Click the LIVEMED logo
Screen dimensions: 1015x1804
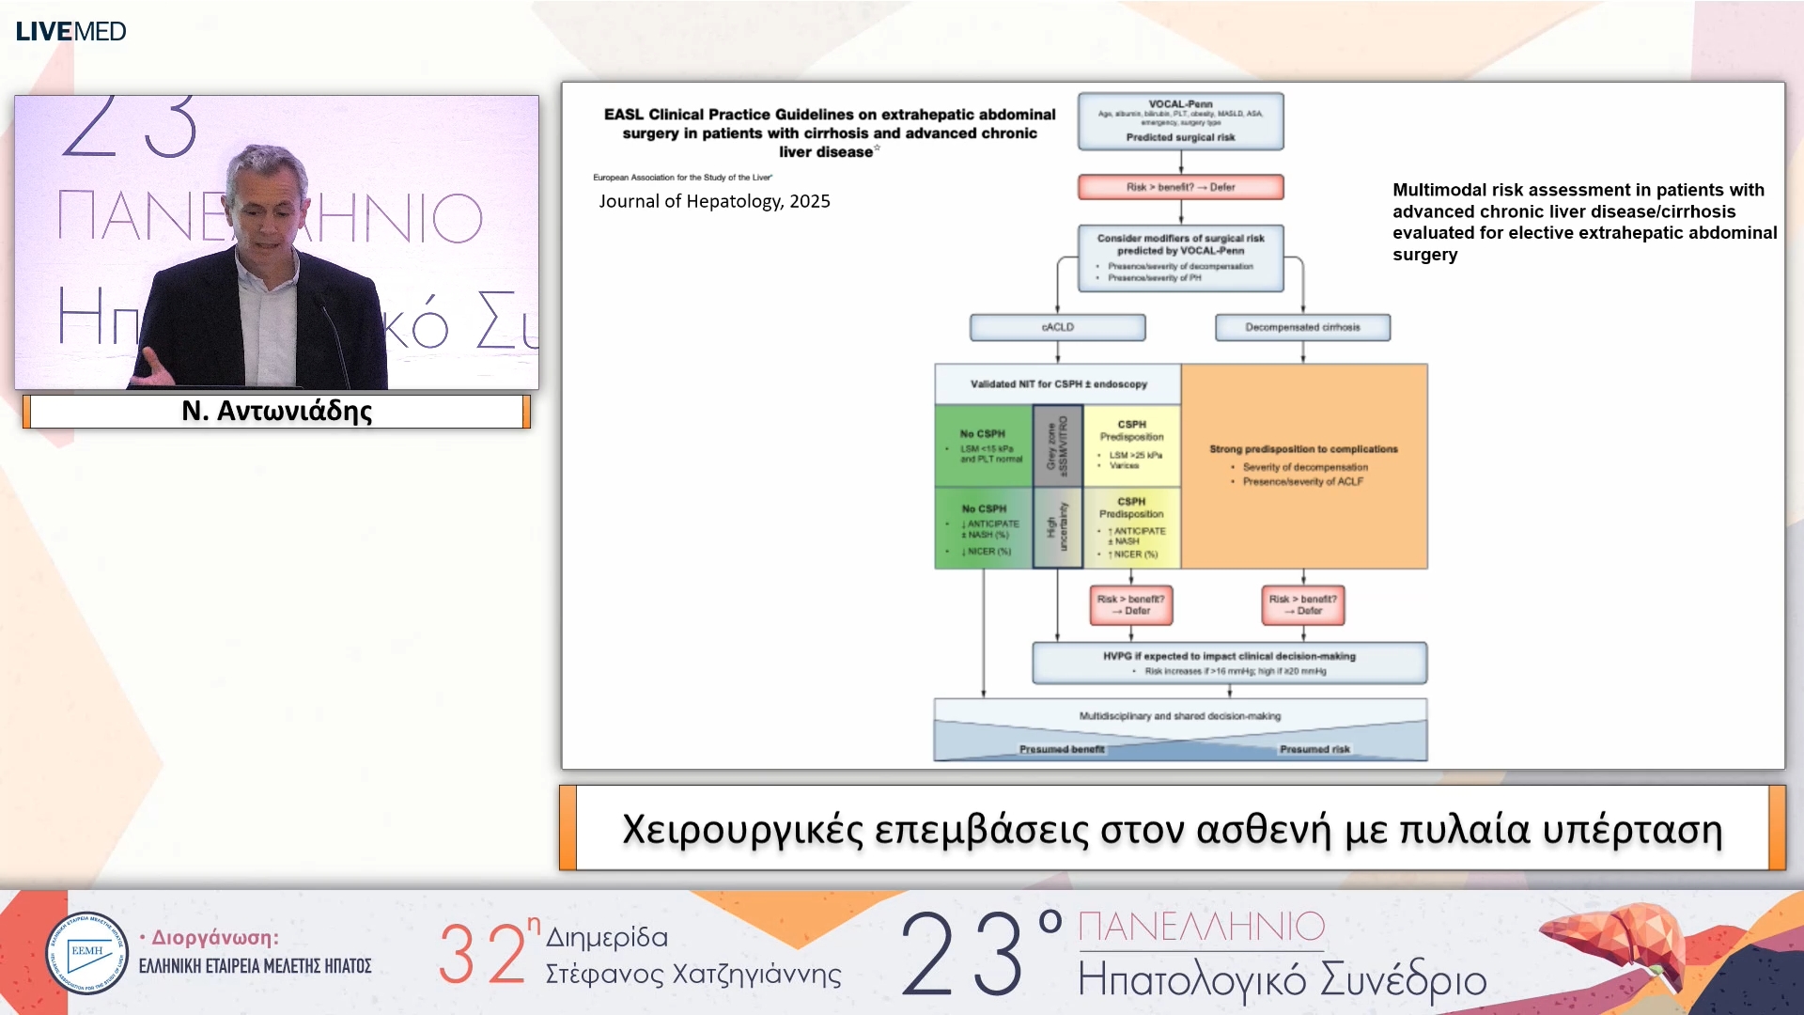point(70,31)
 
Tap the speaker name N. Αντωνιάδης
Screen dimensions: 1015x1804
point(276,411)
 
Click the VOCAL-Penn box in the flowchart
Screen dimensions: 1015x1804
point(1180,120)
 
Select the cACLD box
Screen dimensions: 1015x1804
point(1057,327)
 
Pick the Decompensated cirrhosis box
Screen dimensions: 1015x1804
point(1302,327)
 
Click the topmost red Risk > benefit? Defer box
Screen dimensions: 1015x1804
point(1180,187)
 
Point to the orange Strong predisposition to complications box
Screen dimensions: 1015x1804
point(1303,465)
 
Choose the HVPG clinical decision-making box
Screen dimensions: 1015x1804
point(1229,663)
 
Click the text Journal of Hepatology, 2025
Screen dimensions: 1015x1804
point(714,201)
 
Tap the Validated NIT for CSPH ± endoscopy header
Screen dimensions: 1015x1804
point(1058,384)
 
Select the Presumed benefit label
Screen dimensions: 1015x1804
point(1062,749)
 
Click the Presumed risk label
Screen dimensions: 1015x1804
point(1314,749)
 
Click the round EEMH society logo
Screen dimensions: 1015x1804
point(87,953)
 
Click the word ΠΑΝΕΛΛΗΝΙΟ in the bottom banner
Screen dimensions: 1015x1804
point(1201,927)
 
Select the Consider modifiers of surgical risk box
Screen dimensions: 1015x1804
point(1180,257)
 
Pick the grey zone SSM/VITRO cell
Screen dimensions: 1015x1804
point(1058,445)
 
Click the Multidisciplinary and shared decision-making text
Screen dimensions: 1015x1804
point(1179,716)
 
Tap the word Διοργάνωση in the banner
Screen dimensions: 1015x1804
point(215,937)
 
